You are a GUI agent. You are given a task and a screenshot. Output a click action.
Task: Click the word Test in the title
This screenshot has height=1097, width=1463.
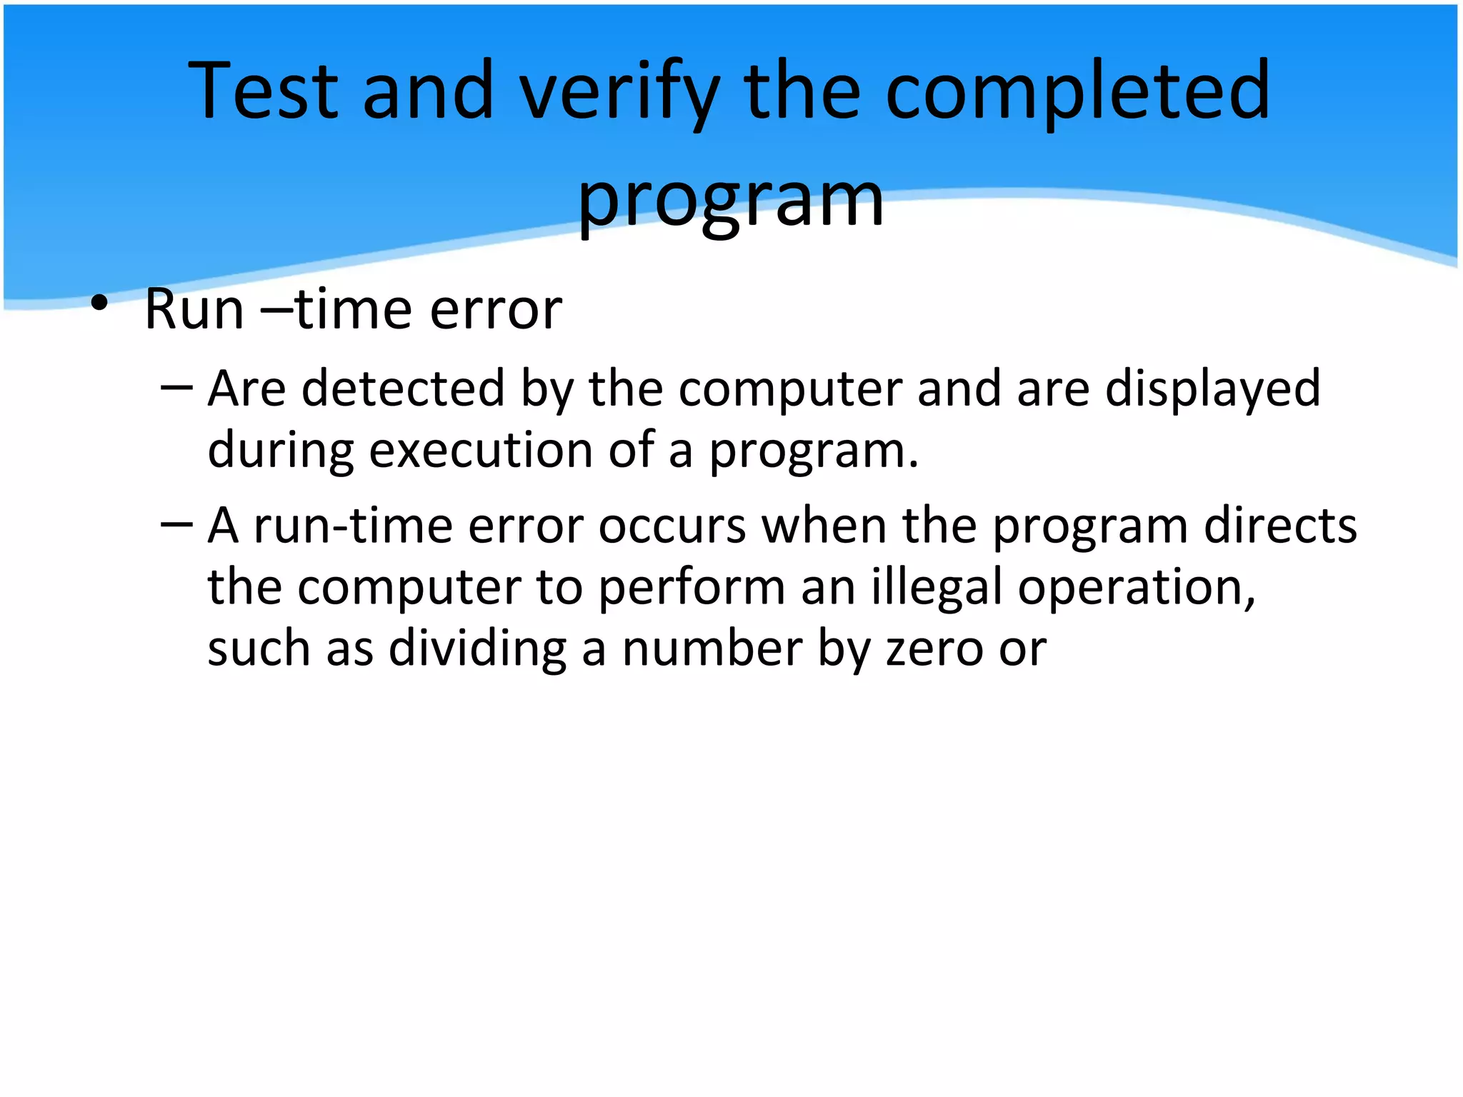click(x=263, y=91)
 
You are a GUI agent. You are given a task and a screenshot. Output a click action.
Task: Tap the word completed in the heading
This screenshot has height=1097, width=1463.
click(x=1078, y=91)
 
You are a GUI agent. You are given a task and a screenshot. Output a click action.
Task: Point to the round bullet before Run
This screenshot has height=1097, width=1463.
click(x=99, y=304)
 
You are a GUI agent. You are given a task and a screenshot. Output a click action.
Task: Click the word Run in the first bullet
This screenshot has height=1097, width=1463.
click(x=194, y=310)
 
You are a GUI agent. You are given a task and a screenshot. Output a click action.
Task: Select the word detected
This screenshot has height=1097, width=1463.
click(x=403, y=389)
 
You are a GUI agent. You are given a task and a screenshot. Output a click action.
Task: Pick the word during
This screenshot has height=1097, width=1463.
click(x=280, y=451)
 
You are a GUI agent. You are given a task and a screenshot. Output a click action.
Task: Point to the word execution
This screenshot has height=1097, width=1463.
click(x=481, y=451)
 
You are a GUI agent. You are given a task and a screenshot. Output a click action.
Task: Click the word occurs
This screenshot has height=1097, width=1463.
click(x=672, y=526)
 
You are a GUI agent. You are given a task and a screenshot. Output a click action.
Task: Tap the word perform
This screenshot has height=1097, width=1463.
click(x=691, y=588)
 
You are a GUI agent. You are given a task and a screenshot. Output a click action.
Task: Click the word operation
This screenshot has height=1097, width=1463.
click(x=1137, y=588)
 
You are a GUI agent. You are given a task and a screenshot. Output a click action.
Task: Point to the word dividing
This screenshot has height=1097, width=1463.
click(x=477, y=649)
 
